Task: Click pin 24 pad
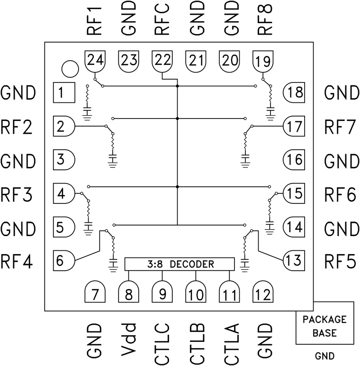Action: tap(95, 61)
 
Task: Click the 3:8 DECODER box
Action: tap(180, 264)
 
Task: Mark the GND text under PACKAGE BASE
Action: tap(324, 355)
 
